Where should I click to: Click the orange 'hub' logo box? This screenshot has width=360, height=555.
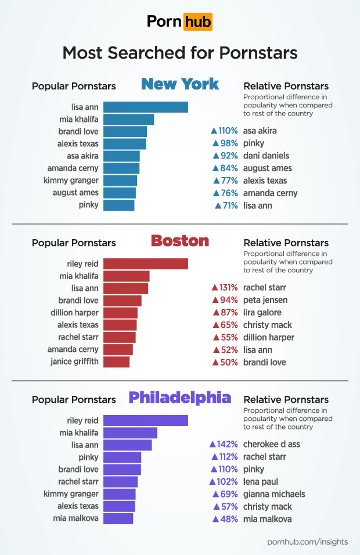pyautogui.click(x=197, y=22)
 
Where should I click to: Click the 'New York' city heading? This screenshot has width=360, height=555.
pyautogui.click(x=180, y=84)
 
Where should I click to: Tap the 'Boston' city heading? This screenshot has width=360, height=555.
pyautogui.click(x=179, y=241)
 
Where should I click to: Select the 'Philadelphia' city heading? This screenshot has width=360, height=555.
pyautogui.click(x=179, y=398)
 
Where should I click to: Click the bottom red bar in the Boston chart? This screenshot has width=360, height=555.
pyautogui.click(x=116, y=362)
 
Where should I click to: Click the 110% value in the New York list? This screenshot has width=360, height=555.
pyautogui.click(x=228, y=131)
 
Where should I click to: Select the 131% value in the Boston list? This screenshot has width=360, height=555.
pyautogui.click(x=228, y=287)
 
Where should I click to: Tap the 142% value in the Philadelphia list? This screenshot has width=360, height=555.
pyautogui.click(x=228, y=444)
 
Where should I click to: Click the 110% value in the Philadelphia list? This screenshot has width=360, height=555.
pyautogui.click(x=228, y=469)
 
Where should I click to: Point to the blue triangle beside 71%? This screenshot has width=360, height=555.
pyautogui.click(x=218, y=206)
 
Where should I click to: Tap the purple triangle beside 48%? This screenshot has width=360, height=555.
pyautogui.click(x=217, y=519)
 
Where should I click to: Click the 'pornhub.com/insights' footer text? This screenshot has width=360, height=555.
pyautogui.click(x=307, y=542)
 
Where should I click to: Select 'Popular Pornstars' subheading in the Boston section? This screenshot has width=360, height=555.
pyautogui.click(x=74, y=243)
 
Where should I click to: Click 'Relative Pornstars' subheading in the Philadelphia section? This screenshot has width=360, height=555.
pyautogui.click(x=286, y=399)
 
